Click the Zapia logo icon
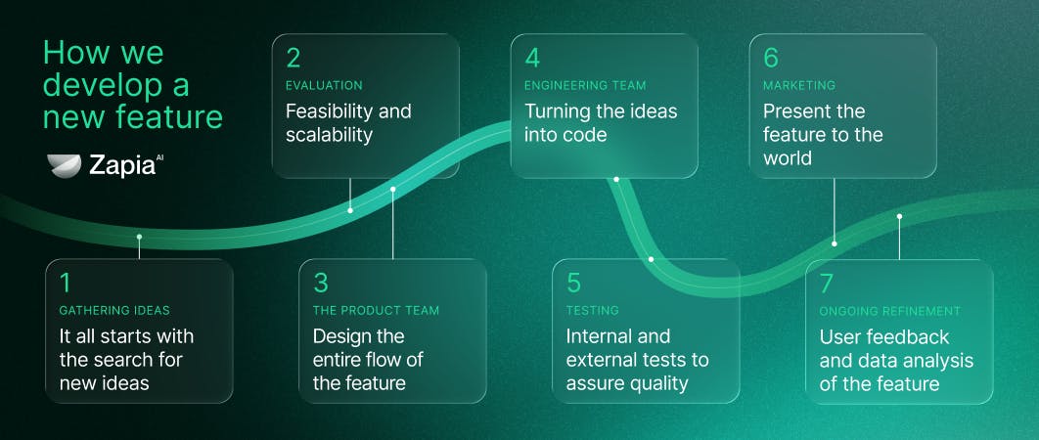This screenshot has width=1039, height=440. [x=65, y=165]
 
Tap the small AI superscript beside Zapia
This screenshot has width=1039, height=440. [x=159, y=158]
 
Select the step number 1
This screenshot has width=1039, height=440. [x=65, y=283]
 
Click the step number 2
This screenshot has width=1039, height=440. [x=293, y=59]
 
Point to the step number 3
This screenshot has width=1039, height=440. [x=321, y=283]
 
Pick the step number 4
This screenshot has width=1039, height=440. [x=532, y=59]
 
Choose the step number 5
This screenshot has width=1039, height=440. [x=574, y=283]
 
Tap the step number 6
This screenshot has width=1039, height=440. [x=771, y=59]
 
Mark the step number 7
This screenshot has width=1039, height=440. [x=827, y=283]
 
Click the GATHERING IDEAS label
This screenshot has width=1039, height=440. [x=114, y=310]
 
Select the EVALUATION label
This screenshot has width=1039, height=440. [x=324, y=85]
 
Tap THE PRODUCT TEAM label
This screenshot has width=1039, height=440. [x=376, y=310]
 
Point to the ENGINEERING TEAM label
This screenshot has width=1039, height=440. [x=585, y=85]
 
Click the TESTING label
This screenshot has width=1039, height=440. [x=593, y=310]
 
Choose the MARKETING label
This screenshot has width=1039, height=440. [x=799, y=85]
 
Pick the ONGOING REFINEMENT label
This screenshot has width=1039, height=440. [x=890, y=311]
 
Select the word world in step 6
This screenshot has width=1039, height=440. [x=788, y=158]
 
